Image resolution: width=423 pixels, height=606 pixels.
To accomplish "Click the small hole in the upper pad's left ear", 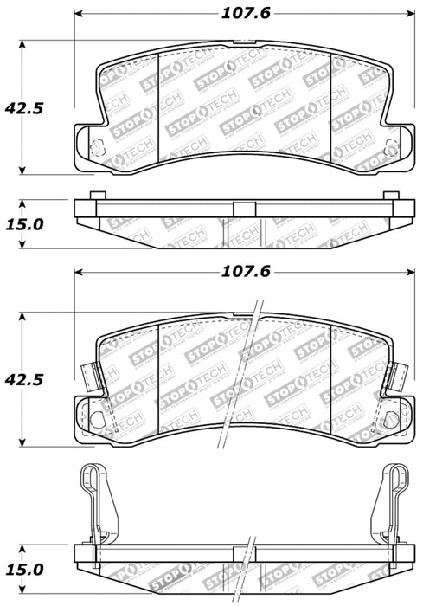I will (x=97, y=145).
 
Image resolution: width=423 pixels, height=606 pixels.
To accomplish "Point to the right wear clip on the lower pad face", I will (x=401, y=375).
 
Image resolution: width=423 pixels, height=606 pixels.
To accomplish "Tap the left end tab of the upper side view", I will (x=97, y=196).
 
